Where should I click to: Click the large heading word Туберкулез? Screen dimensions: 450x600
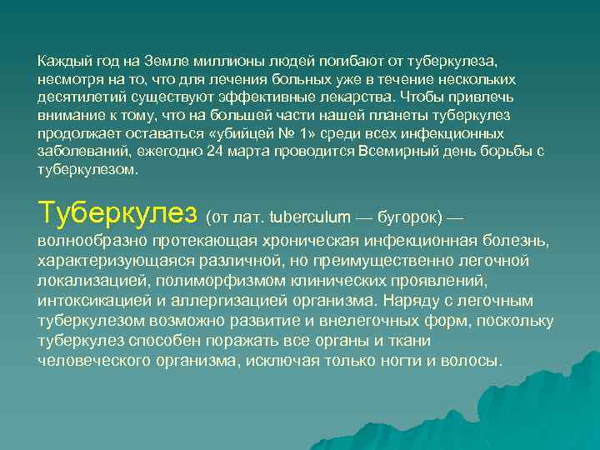pyautogui.click(x=117, y=212)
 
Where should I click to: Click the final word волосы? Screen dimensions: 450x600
pyautogui.click(x=474, y=361)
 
